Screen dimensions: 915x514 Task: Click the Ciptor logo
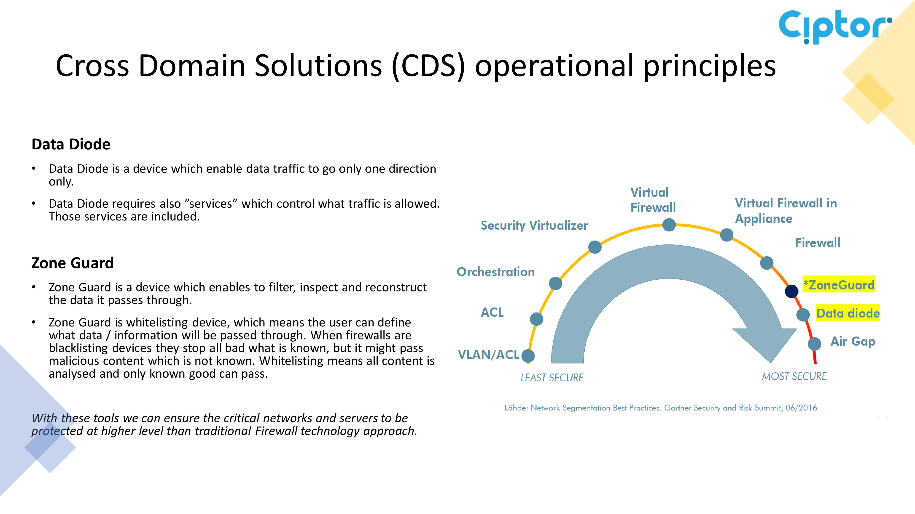point(835,27)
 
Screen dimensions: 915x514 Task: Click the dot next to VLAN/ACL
point(528,356)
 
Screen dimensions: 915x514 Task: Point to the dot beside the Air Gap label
point(815,344)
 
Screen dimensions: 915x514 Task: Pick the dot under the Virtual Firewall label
point(669,225)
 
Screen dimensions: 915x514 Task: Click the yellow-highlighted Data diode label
point(848,313)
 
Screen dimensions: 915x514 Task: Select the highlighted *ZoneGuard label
point(839,284)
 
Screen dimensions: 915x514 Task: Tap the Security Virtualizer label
point(534,226)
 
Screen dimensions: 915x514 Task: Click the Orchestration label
point(495,272)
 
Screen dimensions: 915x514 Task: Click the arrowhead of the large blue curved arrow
point(767,344)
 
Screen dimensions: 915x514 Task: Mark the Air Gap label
point(853,342)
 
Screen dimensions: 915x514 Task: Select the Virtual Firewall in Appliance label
point(786,211)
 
